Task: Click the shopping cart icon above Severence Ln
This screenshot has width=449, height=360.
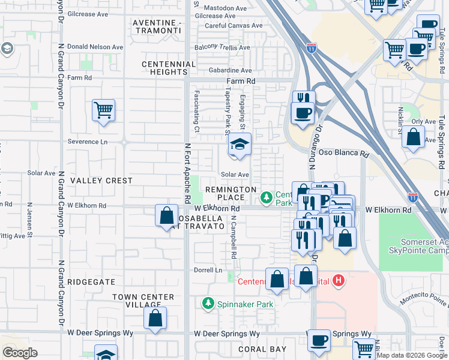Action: [x=103, y=110]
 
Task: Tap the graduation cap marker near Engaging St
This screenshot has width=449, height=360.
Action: [x=240, y=144]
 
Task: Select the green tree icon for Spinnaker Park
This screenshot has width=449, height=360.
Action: [x=208, y=304]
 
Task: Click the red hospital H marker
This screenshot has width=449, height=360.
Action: [x=339, y=280]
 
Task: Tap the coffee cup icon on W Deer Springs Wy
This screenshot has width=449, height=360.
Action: [x=319, y=340]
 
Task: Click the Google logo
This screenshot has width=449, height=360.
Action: [x=20, y=353]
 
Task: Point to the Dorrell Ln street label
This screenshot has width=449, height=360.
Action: [x=208, y=271]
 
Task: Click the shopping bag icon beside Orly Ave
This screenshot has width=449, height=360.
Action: [x=414, y=137]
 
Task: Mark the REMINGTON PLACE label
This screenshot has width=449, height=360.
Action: [x=225, y=193]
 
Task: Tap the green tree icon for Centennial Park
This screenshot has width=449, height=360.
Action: [x=265, y=197]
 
